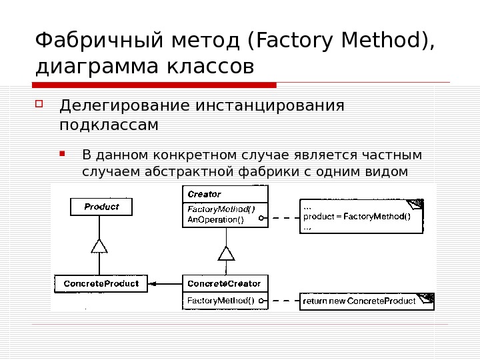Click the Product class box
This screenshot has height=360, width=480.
(x=101, y=207)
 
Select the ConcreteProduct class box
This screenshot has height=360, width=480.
(x=101, y=283)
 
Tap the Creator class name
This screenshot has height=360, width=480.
(x=204, y=195)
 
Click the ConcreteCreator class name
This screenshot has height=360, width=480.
(x=224, y=283)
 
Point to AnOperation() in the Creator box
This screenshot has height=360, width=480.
(x=215, y=219)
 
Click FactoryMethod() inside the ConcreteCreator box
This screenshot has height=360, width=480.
(x=220, y=301)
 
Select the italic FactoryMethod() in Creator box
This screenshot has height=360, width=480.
(x=221, y=209)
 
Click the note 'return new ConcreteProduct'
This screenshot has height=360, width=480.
(x=359, y=301)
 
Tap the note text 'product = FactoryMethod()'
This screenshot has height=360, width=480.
(x=357, y=216)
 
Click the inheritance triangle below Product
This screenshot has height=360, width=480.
(x=99, y=246)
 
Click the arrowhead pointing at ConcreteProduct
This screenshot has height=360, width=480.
(x=153, y=284)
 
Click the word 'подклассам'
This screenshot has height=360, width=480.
(x=109, y=125)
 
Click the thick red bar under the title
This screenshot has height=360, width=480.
(x=154, y=85)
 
